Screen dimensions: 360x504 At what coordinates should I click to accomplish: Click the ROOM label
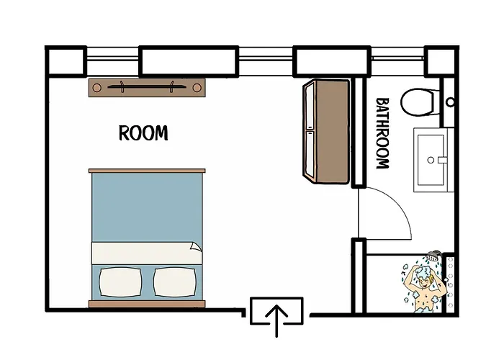143,133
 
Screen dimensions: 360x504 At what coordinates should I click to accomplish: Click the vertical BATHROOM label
382,133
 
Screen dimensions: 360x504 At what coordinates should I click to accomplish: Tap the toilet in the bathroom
417,101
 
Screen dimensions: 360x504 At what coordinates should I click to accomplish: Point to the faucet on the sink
441,160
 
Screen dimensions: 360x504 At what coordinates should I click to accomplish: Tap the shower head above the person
432,257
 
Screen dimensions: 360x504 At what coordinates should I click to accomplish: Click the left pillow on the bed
120,282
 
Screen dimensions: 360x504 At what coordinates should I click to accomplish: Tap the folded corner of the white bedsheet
194,248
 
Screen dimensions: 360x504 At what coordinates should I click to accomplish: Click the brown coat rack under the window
148,87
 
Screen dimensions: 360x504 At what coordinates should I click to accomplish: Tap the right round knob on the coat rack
197,87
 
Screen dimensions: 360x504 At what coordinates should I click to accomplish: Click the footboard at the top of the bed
147,171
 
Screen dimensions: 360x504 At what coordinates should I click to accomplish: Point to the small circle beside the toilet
450,102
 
